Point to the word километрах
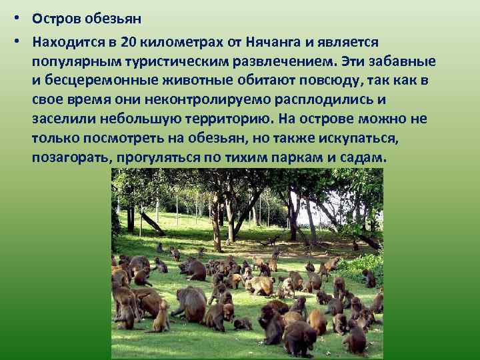click(x=181, y=42)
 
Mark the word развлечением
click(x=294, y=61)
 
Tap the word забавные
click(x=406, y=61)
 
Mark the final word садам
click(x=365, y=159)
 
